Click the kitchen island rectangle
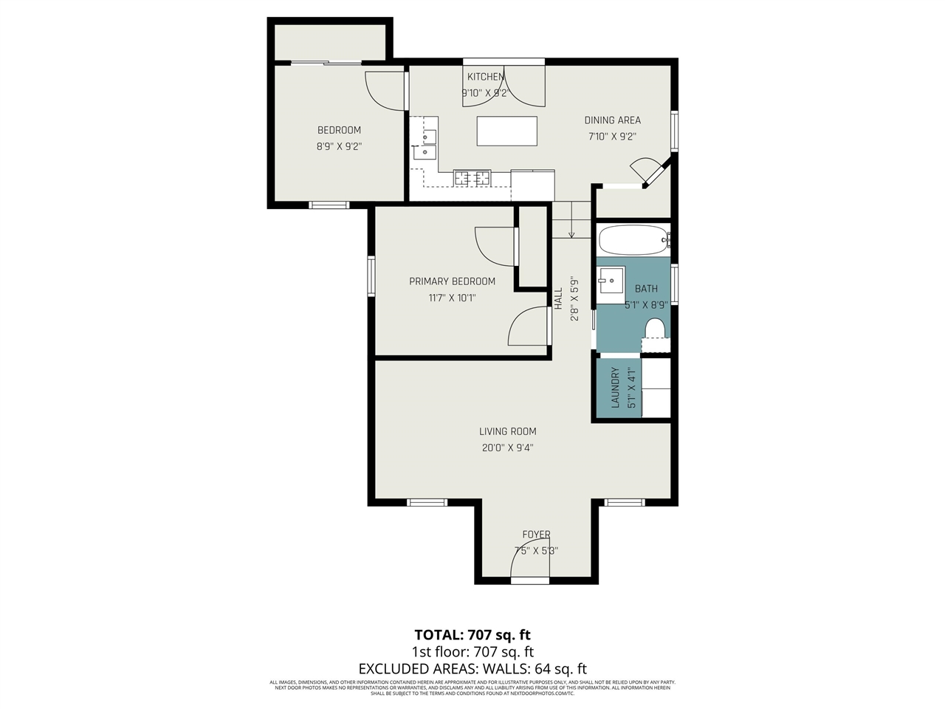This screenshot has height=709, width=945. (506, 131)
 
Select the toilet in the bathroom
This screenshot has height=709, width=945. (655, 329)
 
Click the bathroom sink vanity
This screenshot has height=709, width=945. (611, 280)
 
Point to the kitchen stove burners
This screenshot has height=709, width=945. (472, 177)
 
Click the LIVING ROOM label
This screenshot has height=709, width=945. (507, 431)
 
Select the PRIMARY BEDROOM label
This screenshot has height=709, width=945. (452, 281)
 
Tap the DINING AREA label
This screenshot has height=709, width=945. (612, 120)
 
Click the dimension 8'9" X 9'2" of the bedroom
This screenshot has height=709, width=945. (339, 146)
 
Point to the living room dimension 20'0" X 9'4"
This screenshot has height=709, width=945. (507, 448)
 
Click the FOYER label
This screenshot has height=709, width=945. (536, 535)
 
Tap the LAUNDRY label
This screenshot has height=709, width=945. (615, 388)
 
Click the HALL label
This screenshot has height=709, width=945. (558, 298)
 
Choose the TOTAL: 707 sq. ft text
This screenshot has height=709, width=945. (472, 634)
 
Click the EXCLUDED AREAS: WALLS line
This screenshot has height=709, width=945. (472, 668)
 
